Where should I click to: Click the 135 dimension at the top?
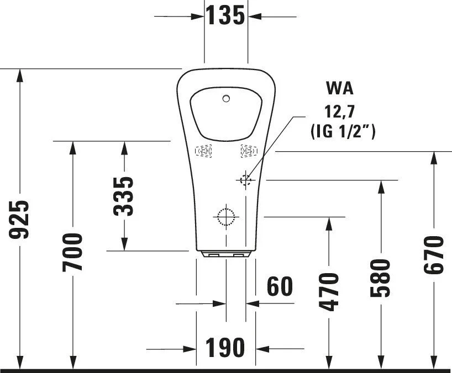tap(225, 16)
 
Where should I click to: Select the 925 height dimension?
tap(21, 220)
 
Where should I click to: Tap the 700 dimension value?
tap(73, 252)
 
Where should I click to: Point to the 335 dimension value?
tap(124, 196)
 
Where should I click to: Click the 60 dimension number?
tap(279, 287)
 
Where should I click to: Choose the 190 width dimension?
tap(225, 348)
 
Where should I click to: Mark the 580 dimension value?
tap(381, 278)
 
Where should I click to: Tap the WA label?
tap(340, 88)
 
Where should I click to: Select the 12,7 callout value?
tap(340, 111)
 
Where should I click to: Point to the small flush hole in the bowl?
tap(225, 99)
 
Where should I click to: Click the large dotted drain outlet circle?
tap(225, 216)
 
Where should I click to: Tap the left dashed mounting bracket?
tap(204, 151)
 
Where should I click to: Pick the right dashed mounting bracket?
tap(248, 151)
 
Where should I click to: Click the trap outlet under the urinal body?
tap(226, 254)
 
